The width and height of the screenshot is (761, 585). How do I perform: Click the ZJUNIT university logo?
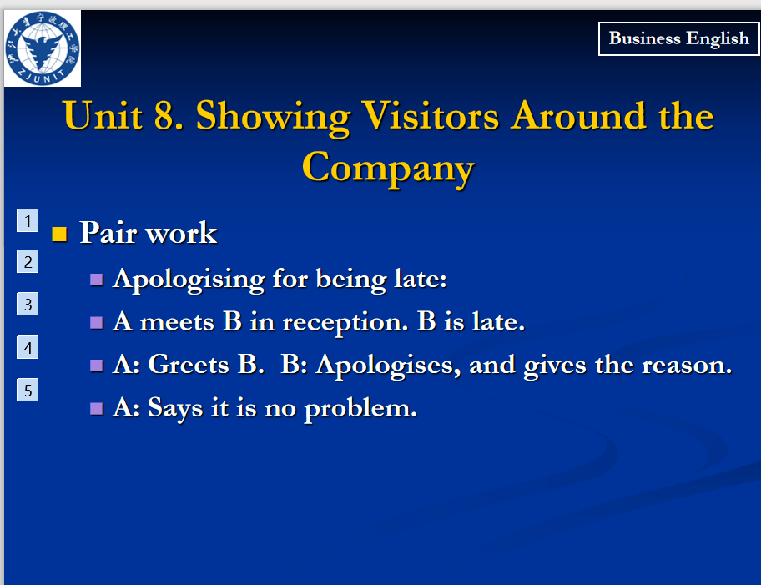43,48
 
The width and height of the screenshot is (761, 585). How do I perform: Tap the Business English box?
678,39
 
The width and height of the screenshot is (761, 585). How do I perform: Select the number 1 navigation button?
28,220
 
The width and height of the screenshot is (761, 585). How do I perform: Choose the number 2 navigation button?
28,262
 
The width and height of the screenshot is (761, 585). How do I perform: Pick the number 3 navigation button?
28,304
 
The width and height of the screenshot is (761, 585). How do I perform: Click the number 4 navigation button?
28,348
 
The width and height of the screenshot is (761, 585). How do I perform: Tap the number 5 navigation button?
28,390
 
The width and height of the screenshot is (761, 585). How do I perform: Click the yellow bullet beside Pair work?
59,234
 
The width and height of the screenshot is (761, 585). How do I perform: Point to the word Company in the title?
388,169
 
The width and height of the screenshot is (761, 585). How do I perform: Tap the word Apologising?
189,280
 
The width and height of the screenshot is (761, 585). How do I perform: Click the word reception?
345,322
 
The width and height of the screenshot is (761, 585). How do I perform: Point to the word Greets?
189,364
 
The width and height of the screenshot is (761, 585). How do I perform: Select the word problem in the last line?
360,409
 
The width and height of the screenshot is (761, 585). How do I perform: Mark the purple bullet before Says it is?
97,408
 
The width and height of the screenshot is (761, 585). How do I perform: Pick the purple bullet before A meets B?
97,323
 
